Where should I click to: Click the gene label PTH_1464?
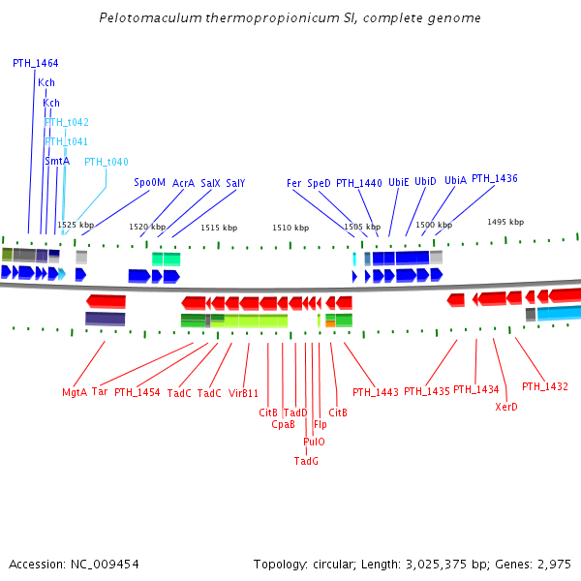point(35,63)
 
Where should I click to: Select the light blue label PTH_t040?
point(107,162)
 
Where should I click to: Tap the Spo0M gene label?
point(150,182)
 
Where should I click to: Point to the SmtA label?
point(57,161)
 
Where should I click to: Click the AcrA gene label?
point(184,182)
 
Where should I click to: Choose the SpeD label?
point(320,183)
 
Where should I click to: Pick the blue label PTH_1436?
point(495,179)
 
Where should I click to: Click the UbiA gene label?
point(455,180)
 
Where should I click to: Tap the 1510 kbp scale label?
point(290,228)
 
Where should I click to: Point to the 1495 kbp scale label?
point(505,222)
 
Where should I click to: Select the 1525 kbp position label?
point(76,225)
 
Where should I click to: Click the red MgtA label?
point(75,392)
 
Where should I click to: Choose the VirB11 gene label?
point(244,393)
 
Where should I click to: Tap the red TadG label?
point(306,461)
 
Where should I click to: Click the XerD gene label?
point(506,407)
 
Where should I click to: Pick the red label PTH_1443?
point(376,392)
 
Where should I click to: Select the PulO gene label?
point(314,442)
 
